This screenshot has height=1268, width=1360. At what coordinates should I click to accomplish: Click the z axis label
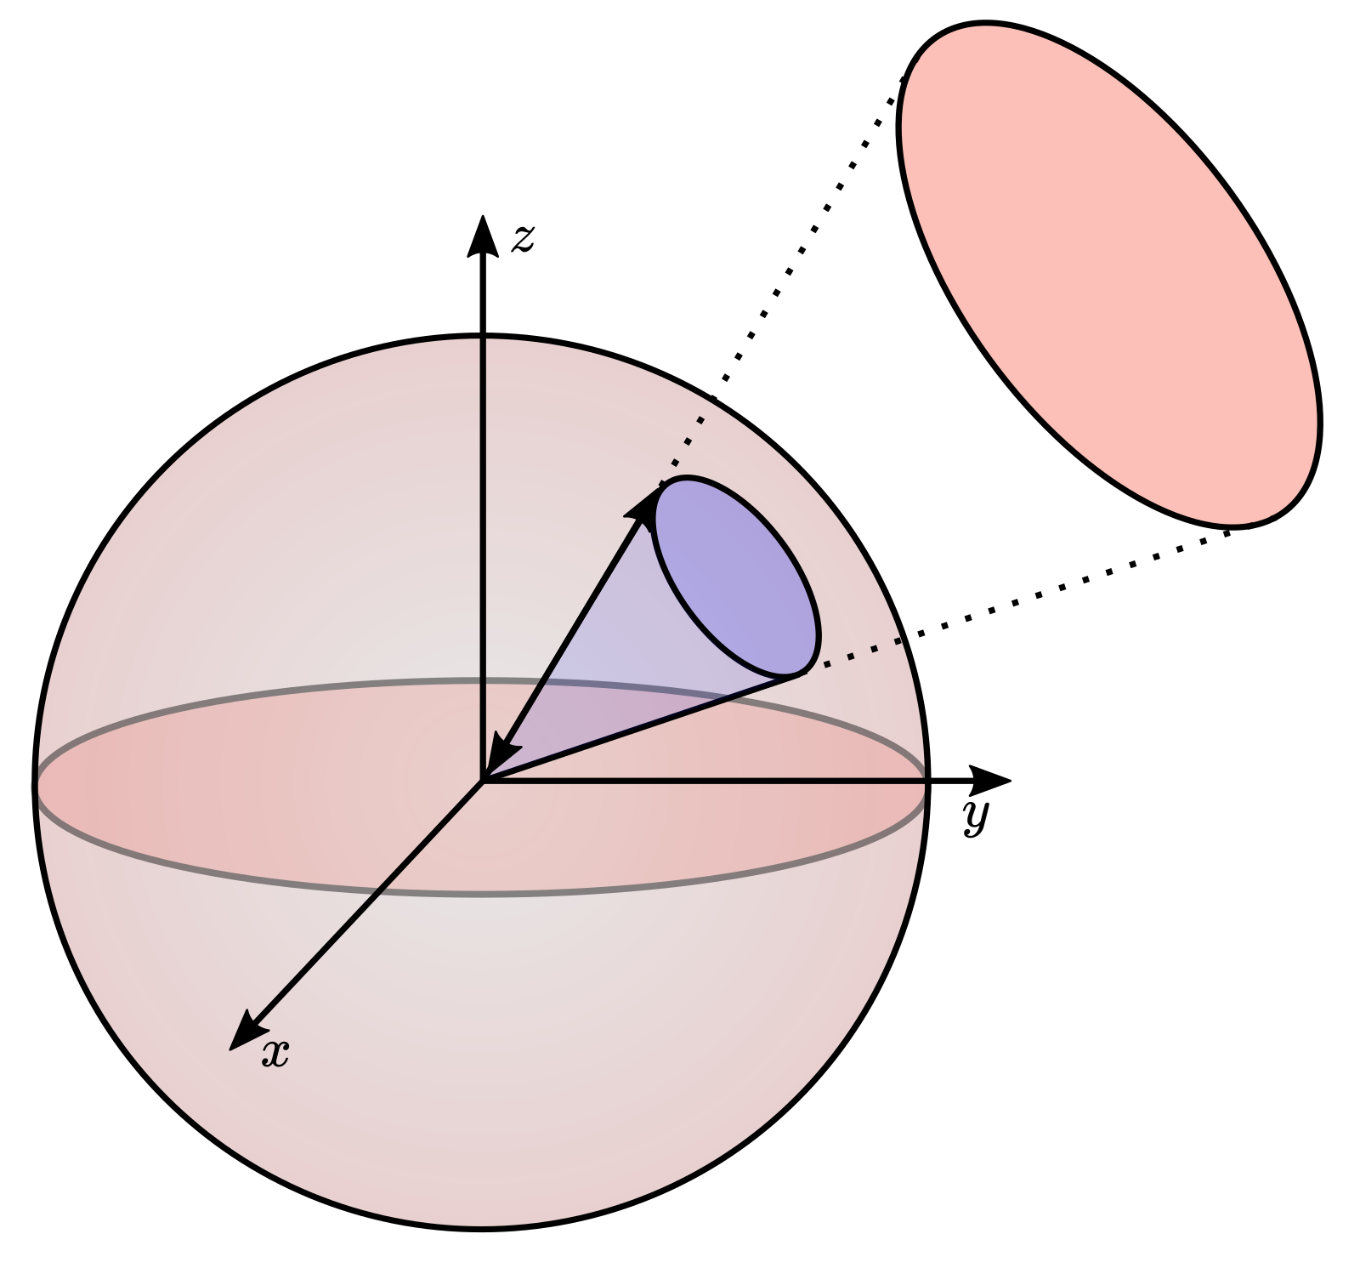[x=523, y=240]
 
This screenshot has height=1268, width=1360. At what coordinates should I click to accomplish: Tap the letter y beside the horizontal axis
[x=977, y=817]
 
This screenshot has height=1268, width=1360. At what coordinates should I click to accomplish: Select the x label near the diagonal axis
[x=275, y=1055]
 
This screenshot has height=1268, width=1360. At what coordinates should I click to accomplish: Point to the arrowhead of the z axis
[x=483, y=235]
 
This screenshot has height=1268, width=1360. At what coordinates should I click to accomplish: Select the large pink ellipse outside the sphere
[x=1109, y=274]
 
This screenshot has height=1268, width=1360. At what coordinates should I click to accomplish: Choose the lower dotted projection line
[x=1017, y=602]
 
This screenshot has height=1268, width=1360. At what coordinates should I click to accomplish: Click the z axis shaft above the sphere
[x=483, y=293]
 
